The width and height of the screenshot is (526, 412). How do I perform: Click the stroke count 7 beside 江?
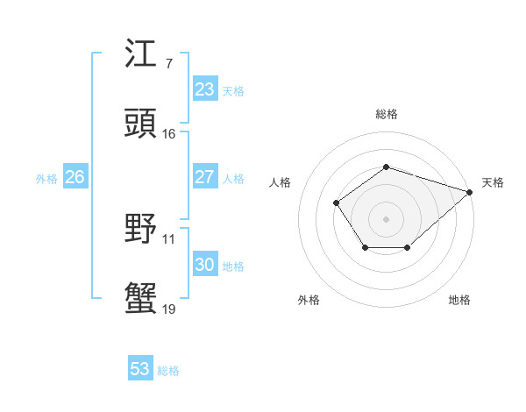(168, 64)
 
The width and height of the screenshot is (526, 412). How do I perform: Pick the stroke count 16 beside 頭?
(169, 134)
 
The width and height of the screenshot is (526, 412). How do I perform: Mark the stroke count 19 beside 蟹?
(169, 309)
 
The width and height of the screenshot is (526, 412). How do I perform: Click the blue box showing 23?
(204, 89)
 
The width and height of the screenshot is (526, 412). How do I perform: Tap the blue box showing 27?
(204, 177)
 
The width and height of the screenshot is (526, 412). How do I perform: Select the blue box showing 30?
(204, 265)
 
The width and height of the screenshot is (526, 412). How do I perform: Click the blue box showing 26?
(75, 177)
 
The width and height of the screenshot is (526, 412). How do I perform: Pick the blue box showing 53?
(140, 369)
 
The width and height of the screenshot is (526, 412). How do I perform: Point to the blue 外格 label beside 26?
(46, 178)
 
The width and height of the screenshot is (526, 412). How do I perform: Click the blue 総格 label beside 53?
(168, 371)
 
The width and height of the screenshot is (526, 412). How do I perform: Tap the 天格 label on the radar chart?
(493, 182)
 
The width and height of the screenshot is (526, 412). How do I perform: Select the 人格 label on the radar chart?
(281, 182)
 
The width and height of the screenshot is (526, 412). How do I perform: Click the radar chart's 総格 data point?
(386, 167)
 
